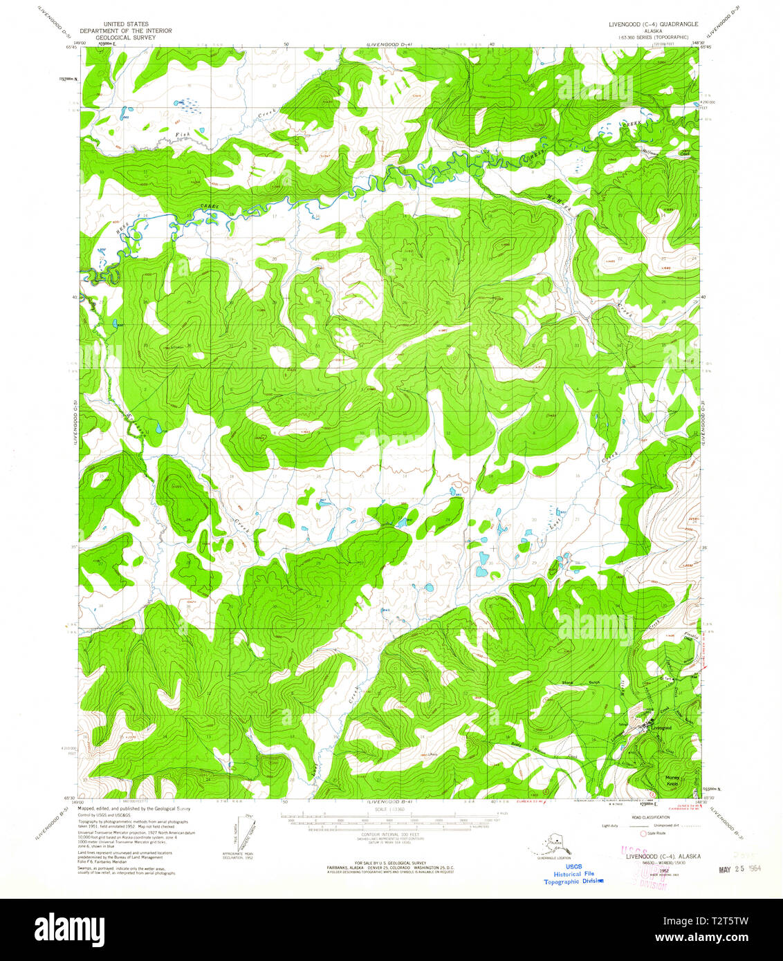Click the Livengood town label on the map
[x=661, y=728]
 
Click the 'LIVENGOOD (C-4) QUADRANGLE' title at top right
[x=653, y=24]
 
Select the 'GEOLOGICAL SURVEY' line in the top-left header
[x=125, y=37]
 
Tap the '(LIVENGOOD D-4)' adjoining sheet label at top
[x=387, y=44]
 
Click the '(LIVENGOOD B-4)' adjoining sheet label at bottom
[x=391, y=802]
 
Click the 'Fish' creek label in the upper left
[x=182, y=134]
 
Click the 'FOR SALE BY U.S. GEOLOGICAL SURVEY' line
[x=391, y=863]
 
